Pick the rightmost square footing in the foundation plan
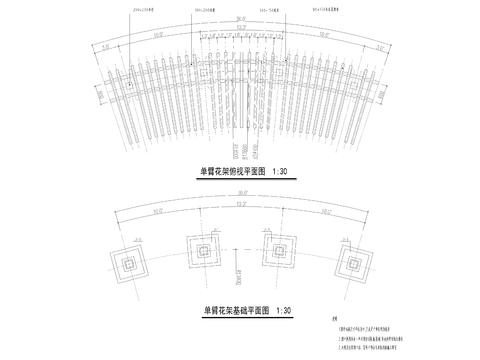(351, 264)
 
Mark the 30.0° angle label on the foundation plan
(240, 197)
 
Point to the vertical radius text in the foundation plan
(239, 266)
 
